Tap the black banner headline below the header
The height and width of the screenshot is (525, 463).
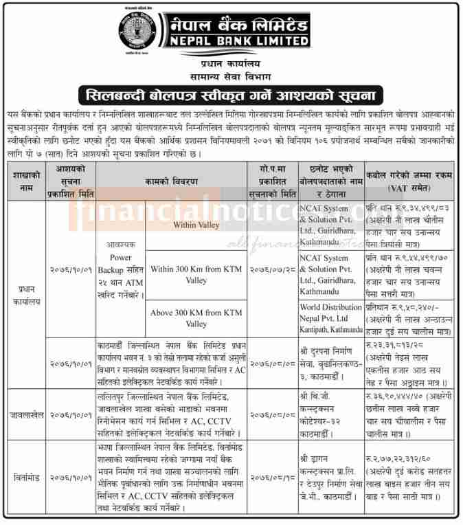point(231,93)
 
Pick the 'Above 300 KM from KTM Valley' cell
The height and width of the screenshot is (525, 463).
point(196,318)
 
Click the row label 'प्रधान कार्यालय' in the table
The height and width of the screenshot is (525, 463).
point(26,295)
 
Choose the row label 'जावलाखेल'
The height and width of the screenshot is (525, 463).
point(26,414)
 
